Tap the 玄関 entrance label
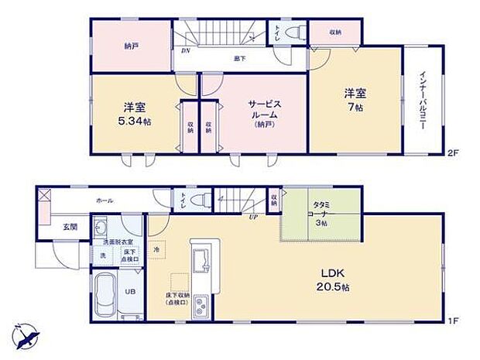(x=70, y=226)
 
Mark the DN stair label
(x=185, y=51)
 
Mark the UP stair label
(x=253, y=216)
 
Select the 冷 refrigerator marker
(x=156, y=249)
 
